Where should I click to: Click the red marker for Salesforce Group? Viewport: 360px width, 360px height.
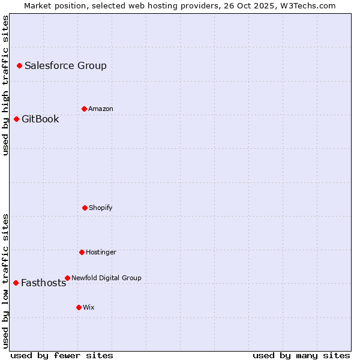19,65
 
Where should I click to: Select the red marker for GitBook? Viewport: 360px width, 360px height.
16,119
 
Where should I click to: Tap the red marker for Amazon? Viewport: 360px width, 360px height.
84,109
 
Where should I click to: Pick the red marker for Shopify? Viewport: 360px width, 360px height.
85,208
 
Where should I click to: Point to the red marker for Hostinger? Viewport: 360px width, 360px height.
82,252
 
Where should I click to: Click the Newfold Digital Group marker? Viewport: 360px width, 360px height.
67,278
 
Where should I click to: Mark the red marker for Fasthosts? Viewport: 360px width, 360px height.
16,283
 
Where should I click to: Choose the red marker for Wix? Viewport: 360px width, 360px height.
79,307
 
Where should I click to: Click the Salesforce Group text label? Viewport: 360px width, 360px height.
65,66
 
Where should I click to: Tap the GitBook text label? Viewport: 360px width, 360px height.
40,119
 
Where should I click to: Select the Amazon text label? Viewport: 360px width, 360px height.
101,109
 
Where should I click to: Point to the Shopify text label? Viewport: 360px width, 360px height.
101,208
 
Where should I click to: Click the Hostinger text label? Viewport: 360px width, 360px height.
101,253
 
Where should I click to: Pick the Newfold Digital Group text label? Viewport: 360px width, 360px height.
106,278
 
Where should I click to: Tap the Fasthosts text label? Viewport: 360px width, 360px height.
43,283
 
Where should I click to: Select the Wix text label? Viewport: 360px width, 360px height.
89,308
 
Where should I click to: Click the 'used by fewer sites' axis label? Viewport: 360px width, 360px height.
62,355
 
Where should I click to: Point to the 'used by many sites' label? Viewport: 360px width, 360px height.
301,355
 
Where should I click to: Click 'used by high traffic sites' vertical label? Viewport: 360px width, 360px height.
5,85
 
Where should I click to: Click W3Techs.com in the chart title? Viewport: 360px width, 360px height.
307,5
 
